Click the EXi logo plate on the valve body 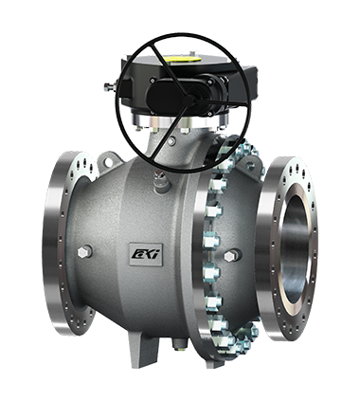146,254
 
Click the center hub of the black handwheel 188,101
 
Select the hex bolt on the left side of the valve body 84,252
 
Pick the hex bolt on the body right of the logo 232,255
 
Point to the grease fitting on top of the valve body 160,181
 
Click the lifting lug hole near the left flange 108,162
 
